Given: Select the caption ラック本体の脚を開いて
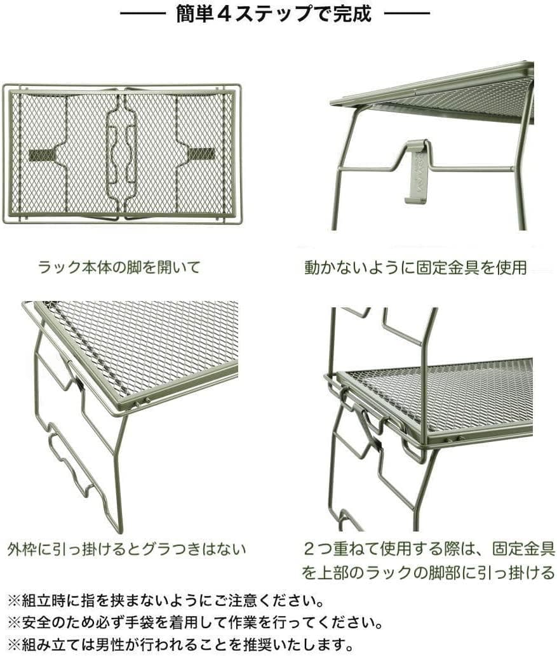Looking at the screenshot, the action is click(x=119, y=267).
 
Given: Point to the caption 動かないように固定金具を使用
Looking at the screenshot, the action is click(x=415, y=267).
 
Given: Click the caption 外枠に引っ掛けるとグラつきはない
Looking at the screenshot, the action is click(x=126, y=549).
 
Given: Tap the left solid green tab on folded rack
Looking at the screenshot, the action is click(x=43, y=154).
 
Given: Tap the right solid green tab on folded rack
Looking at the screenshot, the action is click(x=201, y=154).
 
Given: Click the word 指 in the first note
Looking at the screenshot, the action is click(x=90, y=601).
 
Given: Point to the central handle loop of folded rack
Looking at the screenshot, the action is click(x=121, y=155).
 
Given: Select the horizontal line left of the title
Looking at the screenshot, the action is click(x=143, y=14).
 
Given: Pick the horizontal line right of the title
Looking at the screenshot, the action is click(x=406, y=14).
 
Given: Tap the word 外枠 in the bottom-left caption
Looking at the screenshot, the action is click(x=22, y=549).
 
